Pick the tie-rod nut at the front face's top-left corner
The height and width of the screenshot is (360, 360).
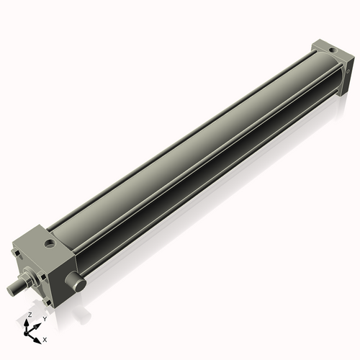(17, 253)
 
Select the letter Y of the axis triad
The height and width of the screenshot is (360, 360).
(43, 318)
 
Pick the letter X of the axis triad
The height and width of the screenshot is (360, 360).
(45, 338)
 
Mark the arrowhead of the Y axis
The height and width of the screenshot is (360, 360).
(37, 324)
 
